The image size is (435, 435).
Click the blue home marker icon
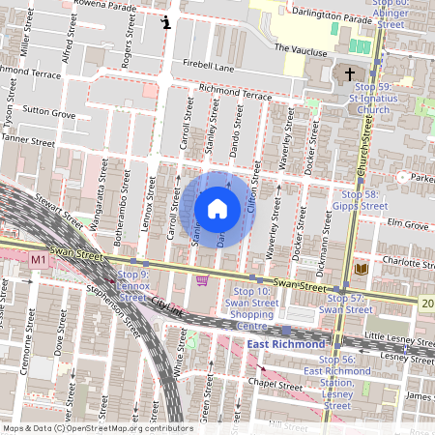(x=217, y=208)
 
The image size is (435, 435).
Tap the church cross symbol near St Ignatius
(x=348, y=74)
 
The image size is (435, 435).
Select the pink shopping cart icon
(x=203, y=280)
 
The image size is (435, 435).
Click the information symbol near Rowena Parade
(x=167, y=22)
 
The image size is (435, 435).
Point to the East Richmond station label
(x=285, y=345)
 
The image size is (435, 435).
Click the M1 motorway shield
(x=39, y=260)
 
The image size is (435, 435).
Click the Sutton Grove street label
(x=49, y=114)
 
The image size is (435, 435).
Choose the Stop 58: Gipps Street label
(x=361, y=200)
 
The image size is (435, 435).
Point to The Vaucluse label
(x=296, y=47)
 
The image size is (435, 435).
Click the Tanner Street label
(x=29, y=141)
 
